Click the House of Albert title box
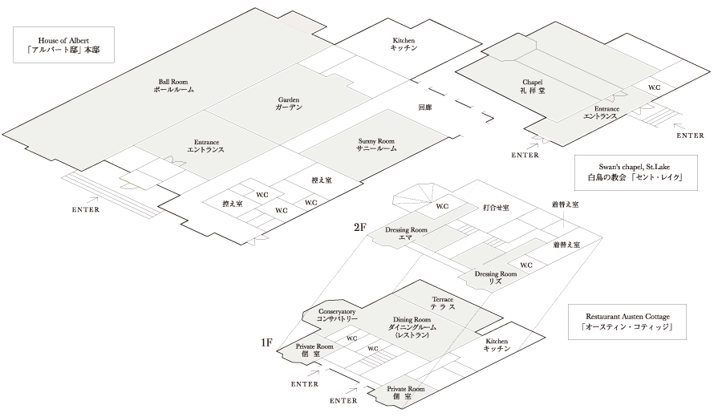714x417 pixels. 63,45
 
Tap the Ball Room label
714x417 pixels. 173,86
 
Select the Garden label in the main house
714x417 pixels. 289,103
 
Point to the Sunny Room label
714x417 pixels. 376,145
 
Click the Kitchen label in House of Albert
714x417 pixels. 404,43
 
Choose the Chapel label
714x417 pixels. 533,86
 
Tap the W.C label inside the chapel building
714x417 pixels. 655,87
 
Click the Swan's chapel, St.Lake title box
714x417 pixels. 635,172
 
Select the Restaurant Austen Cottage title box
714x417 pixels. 627,322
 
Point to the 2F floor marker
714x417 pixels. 359,227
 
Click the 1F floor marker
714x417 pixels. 266,342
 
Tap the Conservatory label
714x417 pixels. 337,315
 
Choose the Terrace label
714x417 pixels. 443,303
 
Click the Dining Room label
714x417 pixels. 412,327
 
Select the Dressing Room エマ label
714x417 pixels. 406,233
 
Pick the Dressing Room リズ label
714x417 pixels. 496,277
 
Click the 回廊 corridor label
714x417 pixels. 425,107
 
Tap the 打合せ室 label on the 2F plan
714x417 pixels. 496,208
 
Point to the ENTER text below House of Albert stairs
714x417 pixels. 86,210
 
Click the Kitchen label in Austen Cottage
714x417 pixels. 497,345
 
